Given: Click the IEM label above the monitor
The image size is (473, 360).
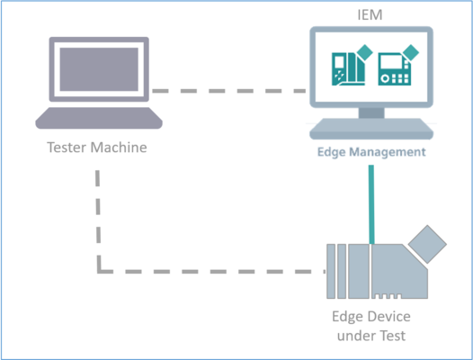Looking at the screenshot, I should (x=368, y=14).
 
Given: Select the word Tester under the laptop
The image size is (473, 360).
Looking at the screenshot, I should (x=68, y=145).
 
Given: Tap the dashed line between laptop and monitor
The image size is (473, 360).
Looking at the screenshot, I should (x=229, y=91).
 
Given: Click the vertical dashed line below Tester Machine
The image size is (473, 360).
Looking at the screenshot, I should (x=98, y=216).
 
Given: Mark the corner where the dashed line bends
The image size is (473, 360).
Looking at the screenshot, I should (x=98, y=270).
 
